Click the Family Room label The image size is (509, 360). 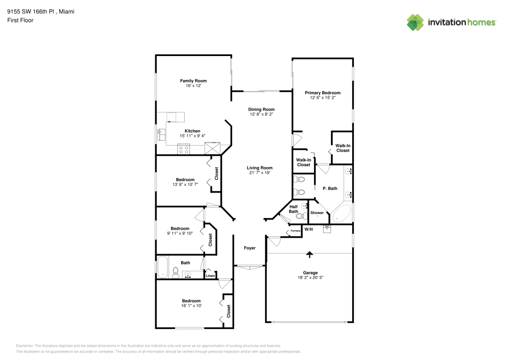[x=193, y=81]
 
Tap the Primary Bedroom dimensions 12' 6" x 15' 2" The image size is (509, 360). [x=323, y=98]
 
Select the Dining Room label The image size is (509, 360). [x=261, y=109]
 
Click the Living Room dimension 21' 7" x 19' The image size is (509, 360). [x=260, y=173]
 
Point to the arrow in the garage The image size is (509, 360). [x=309, y=254]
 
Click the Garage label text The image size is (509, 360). [x=310, y=273]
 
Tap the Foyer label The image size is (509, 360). [x=249, y=248]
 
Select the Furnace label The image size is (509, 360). [x=295, y=231]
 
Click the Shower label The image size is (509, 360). [x=317, y=212]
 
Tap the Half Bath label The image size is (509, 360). [x=294, y=209]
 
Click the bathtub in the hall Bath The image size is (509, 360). [x=162, y=267]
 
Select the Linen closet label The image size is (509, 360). [x=210, y=276]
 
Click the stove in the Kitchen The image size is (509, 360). [x=183, y=149]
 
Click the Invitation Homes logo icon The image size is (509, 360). [x=415, y=22]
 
